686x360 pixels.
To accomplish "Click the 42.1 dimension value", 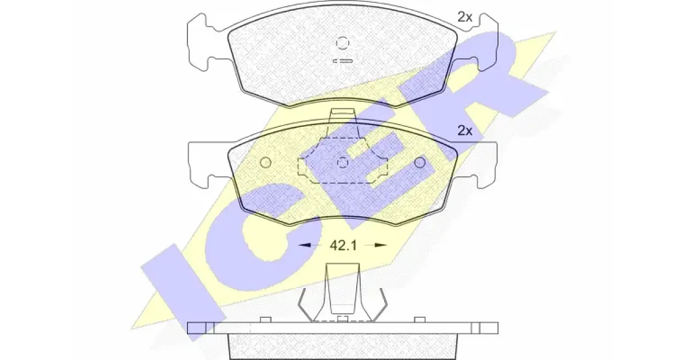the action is (343, 246).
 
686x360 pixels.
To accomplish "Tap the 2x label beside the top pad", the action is (465, 17).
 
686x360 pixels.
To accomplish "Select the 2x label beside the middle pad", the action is (465, 131).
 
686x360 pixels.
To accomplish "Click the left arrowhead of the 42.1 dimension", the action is (305, 245).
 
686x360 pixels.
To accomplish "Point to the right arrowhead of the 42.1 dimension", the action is (381, 245).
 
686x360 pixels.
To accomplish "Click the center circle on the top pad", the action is (342, 42).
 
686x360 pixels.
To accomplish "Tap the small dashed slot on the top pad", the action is (342, 61).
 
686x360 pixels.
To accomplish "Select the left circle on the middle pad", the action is (265, 162).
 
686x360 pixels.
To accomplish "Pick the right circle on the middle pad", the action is (420, 162).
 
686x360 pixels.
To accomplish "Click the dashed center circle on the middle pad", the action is (342, 162).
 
